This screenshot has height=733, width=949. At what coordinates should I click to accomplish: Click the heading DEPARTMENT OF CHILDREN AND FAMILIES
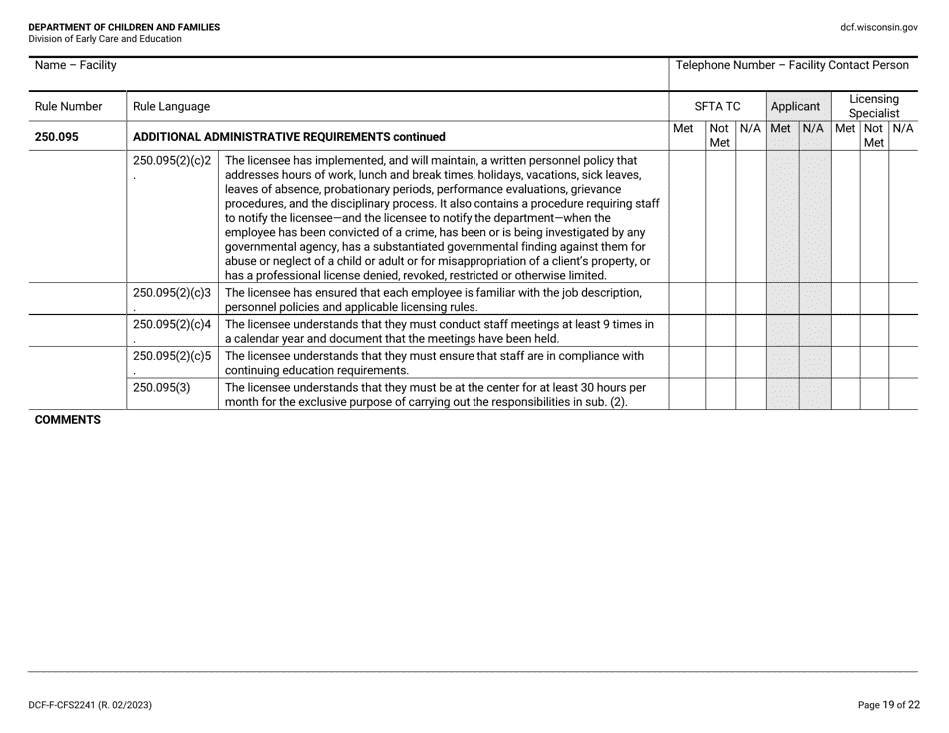(124, 27)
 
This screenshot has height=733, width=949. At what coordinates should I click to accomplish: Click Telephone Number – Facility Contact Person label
(792, 66)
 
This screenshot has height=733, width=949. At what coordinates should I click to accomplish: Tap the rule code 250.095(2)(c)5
(171, 355)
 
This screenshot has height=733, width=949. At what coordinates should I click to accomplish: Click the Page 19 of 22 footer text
(888, 705)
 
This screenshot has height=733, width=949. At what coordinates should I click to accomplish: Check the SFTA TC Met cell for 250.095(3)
(685, 394)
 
